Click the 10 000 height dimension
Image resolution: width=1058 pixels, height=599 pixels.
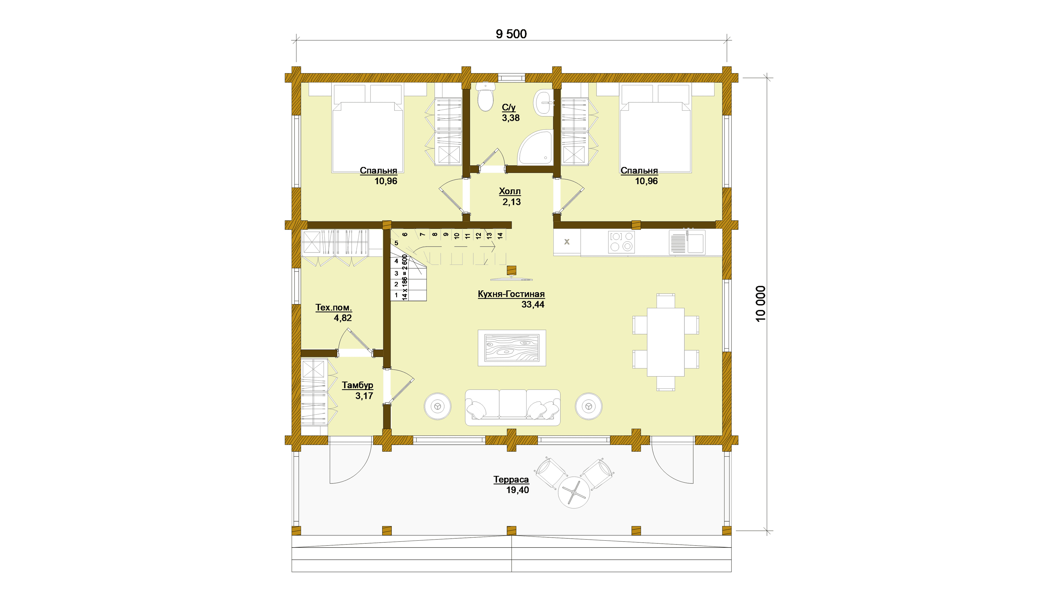(761, 304)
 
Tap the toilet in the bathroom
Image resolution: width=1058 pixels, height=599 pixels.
(486, 96)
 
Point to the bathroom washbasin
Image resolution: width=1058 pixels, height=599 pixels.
(544, 103)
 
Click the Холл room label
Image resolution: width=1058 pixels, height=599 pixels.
(510, 191)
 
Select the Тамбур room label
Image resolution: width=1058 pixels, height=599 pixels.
(357, 385)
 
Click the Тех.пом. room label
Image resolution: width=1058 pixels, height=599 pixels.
(333, 308)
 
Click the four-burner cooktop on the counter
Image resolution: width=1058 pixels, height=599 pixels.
(621, 242)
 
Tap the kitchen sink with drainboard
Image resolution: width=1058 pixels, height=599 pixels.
(687, 242)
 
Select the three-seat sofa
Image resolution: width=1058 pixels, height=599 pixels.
(512, 407)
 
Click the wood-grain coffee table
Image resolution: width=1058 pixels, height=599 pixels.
(512, 348)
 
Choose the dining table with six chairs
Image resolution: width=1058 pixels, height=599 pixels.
(666, 342)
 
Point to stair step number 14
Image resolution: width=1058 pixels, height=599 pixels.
(500, 236)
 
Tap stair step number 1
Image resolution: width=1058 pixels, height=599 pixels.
(396, 295)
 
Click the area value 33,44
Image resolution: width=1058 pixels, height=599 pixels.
(533, 305)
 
